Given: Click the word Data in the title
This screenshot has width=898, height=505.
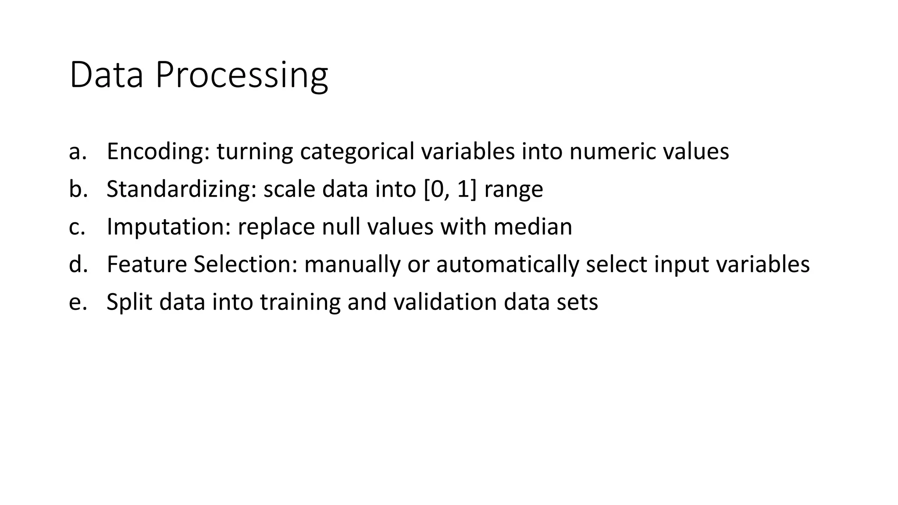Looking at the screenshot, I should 106,75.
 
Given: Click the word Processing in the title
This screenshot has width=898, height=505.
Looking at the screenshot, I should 242,75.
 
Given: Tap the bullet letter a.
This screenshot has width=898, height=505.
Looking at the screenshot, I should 75,152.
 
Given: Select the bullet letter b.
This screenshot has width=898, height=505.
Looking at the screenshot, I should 75,189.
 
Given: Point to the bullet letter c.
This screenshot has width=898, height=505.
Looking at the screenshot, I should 75,227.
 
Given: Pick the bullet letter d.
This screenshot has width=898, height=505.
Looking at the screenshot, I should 75,264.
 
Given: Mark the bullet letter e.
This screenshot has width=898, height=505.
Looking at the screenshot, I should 75,302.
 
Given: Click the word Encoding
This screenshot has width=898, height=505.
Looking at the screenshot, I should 158,152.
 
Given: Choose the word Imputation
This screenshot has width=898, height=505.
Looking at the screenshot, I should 168,227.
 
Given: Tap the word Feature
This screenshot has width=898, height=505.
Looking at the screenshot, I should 146,264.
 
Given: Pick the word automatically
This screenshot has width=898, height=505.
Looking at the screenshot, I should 507,264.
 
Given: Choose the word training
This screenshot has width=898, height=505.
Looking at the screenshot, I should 300,302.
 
